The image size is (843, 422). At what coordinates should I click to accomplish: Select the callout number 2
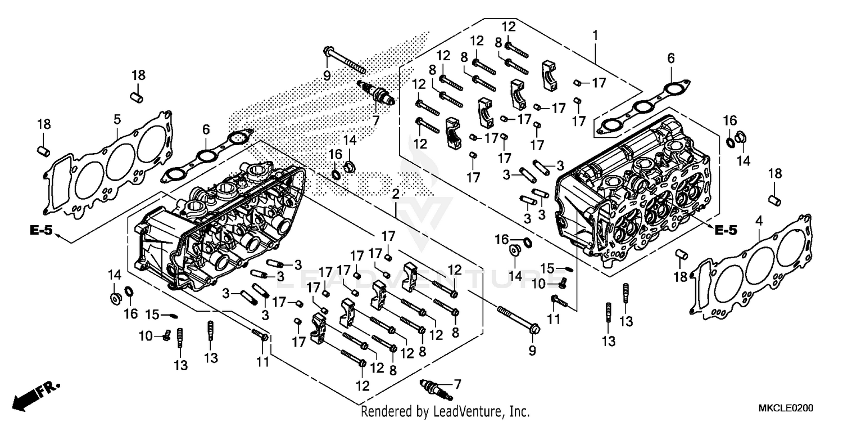396,195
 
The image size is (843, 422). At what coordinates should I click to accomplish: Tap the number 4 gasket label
759,222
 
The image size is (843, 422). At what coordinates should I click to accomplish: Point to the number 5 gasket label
117,119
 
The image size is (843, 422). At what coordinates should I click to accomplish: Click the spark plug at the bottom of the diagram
435,389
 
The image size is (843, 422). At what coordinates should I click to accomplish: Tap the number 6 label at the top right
671,57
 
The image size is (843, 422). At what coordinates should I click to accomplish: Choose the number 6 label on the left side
206,129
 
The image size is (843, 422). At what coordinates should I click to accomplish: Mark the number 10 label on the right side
538,285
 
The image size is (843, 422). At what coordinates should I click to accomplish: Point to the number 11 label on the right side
554,319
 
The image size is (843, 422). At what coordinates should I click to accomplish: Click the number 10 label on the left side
146,336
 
